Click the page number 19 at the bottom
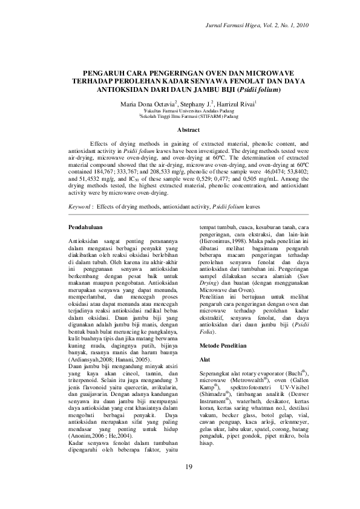189,467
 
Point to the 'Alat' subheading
205,358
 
